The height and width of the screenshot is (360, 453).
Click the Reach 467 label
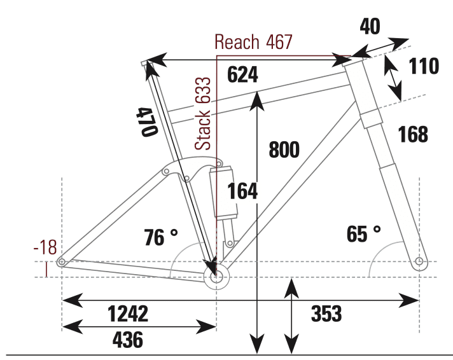(x=253, y=43)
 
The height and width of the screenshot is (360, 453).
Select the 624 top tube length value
(x=242, y=75)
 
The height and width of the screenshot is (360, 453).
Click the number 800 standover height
(x=284, y=149)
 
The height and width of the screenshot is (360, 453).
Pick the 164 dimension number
(x=242, y=191)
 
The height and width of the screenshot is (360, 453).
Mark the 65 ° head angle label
(x=364, y=233)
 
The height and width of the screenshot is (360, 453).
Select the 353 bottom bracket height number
(x=326, y=314)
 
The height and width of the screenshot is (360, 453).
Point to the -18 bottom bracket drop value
(x=46, y=248)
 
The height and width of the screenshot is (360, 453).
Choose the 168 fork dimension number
(x=413, y=134)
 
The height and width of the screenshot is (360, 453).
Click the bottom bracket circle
(x=216, y=276)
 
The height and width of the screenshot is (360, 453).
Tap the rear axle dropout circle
(x=62, y=262)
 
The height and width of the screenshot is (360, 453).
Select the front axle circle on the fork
(x=418, y=261)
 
